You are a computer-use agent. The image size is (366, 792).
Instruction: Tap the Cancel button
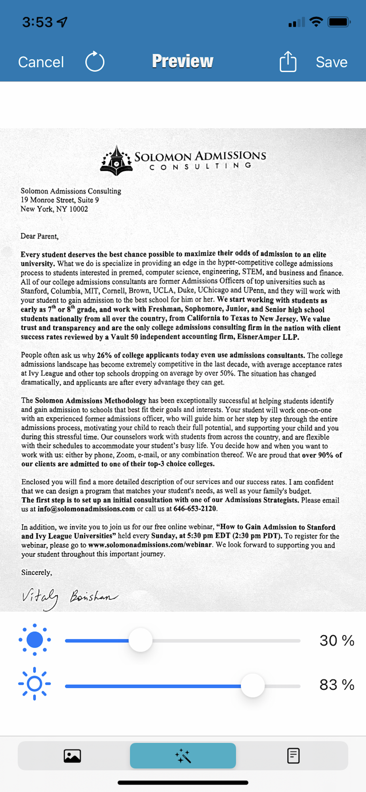pos(41,62)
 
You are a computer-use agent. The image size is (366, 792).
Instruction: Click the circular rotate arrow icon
pos(95,62)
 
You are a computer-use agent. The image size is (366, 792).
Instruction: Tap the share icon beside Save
pos(288,62)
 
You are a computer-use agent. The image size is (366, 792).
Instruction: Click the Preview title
pos(183,61)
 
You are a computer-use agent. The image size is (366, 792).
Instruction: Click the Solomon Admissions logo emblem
pos(116,161)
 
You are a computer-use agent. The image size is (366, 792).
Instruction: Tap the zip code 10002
pos(78,209)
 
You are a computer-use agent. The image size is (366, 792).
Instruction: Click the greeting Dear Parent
pos(39,236)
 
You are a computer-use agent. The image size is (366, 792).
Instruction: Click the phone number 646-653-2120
pos(195,509)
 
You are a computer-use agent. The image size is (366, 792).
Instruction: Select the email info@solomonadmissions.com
pos(86,509)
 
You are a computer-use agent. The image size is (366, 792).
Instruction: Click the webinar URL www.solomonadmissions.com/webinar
pos(150,545)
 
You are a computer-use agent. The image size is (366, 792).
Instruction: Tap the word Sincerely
pos(36,573)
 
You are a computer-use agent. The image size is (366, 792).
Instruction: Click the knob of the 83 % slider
pos(252,685)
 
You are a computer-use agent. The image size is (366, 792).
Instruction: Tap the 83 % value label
pos(337,685)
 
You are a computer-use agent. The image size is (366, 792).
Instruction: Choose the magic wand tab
pos(183,756)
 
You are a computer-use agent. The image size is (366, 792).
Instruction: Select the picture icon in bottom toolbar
pos(72,756)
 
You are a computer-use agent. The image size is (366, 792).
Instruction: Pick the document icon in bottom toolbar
pos(293,756)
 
